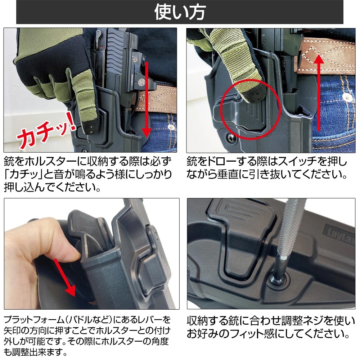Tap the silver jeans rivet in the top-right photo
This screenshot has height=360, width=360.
point(347,97)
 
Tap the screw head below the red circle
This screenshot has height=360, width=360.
point(230,137)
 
